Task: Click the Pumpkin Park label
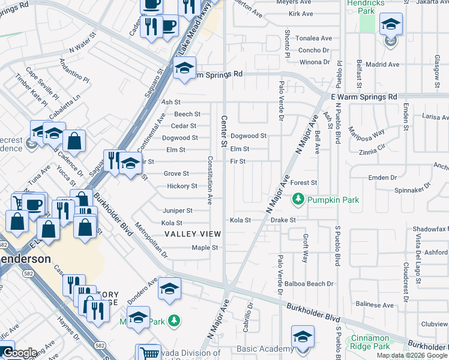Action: pyautogui.click(x=333, y=199)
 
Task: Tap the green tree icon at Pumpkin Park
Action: pyautogui.click(x=297, y=199)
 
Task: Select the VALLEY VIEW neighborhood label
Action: pyautogui.click(x=193, y=233)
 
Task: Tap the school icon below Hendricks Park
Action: pyautogui.click(x=391, y=25)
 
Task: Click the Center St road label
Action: pyautogui.click(x=224, y=131)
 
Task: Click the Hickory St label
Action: pyautogui.click(x=182, y=186)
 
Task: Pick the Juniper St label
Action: pyautogui.click(x=178, y=211)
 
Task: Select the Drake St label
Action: pyautogui.click(x=283, y=220)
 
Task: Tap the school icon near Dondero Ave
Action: pyautogui.click(x=170, y=290)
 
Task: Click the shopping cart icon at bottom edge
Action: pyautogui.click(x=148, y=353)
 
